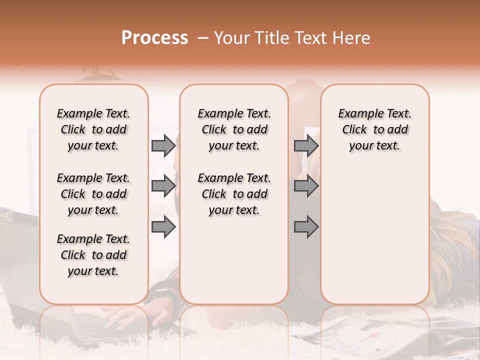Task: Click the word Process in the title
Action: pos(154,38)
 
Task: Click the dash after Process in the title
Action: pos(202,38)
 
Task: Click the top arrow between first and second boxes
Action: pos(163,146)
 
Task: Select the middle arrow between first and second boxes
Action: pos(163,186)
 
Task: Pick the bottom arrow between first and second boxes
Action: pos(163,227)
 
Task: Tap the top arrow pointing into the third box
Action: pos(306,146)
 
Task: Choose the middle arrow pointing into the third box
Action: pos(306,186)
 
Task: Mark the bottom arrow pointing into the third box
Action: pos(306,227)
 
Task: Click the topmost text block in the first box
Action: pos(93,129)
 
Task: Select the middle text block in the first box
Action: pos(93,194)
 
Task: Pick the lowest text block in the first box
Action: pos(93,255)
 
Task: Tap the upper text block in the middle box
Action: pos(234,129)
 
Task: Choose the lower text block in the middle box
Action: pos(234,194)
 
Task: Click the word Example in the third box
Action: pos(356,114)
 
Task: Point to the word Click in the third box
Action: pos(354,130)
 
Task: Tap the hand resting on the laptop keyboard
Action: pos(122,318)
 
